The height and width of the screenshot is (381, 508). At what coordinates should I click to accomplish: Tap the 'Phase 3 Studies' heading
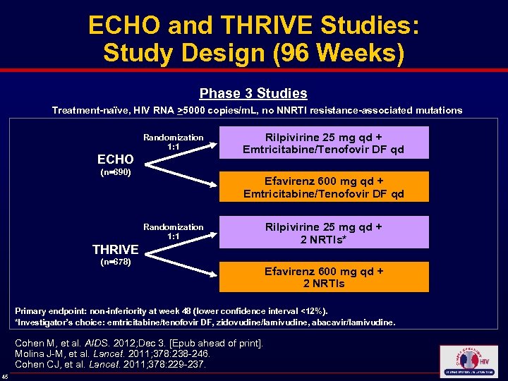click(253, 93)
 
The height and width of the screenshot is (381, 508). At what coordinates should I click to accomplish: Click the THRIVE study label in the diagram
click(116, 249)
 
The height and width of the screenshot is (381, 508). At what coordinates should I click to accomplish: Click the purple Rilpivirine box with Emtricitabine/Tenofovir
click(323, 143)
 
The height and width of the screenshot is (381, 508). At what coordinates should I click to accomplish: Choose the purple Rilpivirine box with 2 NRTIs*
click(323, 233)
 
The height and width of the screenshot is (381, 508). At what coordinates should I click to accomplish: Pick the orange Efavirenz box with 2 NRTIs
click(323, 277)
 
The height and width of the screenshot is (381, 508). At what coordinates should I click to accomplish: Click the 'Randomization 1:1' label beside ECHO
click(173, 142)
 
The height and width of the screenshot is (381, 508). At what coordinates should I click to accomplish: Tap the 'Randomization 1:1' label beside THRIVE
click(173, 231)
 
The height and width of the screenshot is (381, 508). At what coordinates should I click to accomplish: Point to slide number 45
click(6, 375)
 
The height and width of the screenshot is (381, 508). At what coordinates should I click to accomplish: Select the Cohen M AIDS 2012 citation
click(138, 344)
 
